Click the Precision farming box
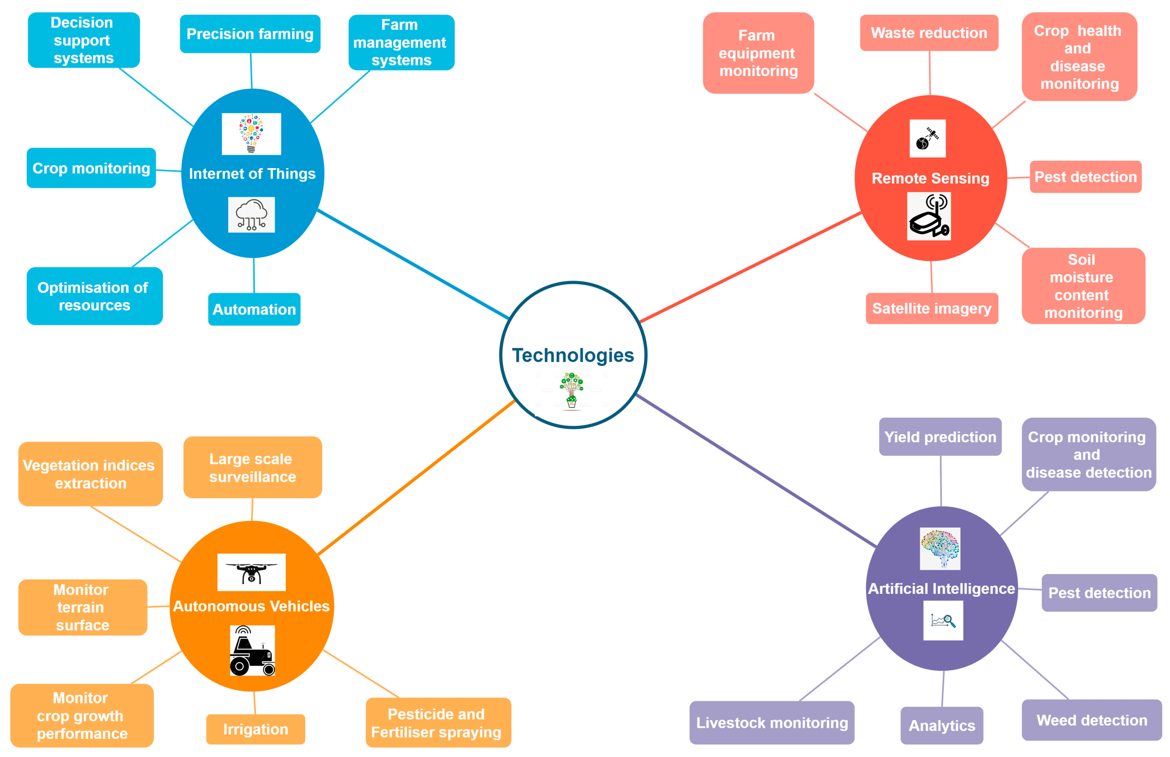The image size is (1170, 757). [x=250, y=34]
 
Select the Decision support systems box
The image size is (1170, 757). [x=84, y=40]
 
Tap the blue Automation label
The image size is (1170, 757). [x=254, y=309]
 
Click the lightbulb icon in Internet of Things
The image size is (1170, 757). [x=251, y=134]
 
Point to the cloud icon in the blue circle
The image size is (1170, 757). [x=251, y=215]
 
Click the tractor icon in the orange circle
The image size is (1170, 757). [x=252, y=650]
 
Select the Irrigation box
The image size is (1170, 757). [x=255, y=729]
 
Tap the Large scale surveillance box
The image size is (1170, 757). [x=253, y=467]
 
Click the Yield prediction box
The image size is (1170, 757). [x=940, y=437]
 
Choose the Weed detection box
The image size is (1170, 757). [x=1091, y=720]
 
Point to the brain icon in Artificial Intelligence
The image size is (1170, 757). [x=940, y=548]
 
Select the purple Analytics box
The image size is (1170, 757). [x=941, y=726]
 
